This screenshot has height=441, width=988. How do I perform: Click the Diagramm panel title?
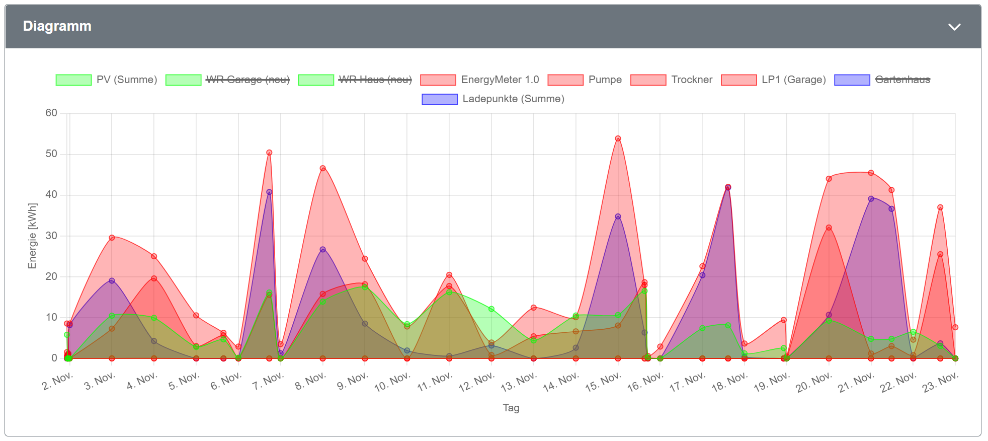(57, 26)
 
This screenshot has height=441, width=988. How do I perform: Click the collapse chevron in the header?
(954, 27)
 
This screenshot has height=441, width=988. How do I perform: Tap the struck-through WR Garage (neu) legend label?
(248, 80)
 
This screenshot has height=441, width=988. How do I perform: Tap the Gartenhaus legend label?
(902, 80)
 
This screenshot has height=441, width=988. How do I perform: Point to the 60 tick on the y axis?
(51, 113)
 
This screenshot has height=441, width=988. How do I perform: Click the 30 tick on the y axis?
(51, 236)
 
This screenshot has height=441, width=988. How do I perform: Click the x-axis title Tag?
(511, 408)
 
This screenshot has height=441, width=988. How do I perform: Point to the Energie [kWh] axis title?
(33, 236)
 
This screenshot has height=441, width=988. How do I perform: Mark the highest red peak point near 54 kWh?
(618, 138)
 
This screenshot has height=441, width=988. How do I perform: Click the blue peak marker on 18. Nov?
(728, 187)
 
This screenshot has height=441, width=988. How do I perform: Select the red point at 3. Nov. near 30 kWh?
(112, 238)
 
